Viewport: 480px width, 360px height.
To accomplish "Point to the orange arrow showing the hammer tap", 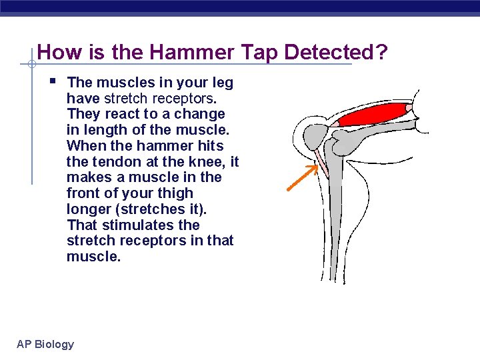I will coord(302,178).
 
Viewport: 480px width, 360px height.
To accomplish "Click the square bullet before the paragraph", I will coord(53,82).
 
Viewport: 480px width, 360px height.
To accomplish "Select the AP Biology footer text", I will coord(45,344).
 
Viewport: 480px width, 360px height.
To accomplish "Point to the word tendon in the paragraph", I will coord(115,161).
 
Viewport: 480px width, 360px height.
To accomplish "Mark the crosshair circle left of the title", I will coord(31,65).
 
